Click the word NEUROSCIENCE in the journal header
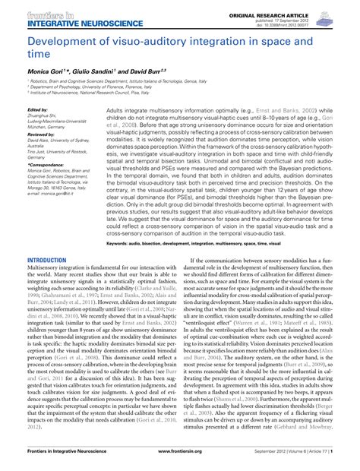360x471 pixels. [88, 21]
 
